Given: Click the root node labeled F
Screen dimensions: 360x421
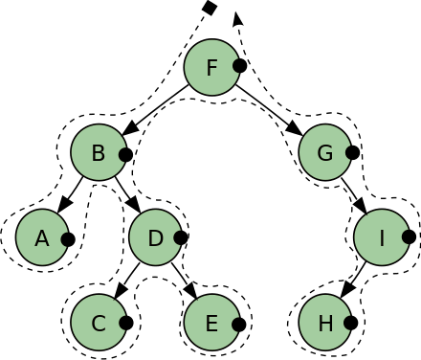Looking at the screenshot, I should (x=211, y=67).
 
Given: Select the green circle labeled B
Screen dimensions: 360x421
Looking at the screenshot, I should (x=99, y=152).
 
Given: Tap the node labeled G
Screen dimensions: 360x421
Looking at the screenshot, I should (x=325, y=152).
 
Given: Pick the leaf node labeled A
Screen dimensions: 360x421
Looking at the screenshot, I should (x=42, y=237).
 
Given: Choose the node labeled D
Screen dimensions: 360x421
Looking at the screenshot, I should (x=155, y=237).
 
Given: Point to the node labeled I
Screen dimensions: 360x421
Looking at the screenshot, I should (x=382, y=237).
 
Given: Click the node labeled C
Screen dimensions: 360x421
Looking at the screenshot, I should (x=99, y=323).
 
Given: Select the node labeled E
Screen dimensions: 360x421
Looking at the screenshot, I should (x=211, y=323).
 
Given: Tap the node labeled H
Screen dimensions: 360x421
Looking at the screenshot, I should (x=325, y=323).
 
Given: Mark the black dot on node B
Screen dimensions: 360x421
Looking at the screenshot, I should (x=124, y=152).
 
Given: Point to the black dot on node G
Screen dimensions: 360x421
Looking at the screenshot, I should (x=351, y=152).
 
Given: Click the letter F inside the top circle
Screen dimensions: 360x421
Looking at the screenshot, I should (x=211, y=67).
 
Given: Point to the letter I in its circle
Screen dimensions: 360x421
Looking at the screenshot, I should (x=382, y=237).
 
